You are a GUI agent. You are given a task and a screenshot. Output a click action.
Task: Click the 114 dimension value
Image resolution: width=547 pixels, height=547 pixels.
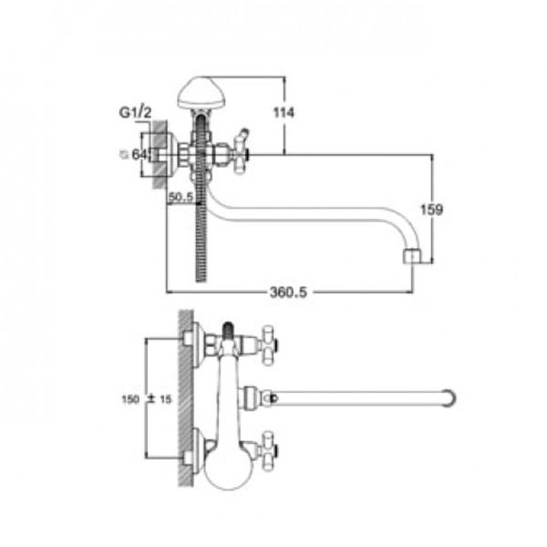tap(284, 113)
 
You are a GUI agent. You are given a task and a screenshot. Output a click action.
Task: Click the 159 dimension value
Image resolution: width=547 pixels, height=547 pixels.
tap(431, 210)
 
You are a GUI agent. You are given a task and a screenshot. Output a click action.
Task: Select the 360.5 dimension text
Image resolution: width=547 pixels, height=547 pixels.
tap(288, 292)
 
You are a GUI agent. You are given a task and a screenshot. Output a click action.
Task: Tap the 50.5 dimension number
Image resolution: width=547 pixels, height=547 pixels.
tap(181, 197)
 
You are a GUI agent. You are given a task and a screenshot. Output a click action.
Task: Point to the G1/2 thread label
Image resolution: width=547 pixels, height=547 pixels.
tap(135, 112)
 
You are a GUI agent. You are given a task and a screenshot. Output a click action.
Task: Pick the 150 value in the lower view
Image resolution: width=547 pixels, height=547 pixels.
tap(130, 399)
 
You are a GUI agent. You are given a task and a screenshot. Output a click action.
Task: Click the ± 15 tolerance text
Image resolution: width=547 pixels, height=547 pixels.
tap(160, 399)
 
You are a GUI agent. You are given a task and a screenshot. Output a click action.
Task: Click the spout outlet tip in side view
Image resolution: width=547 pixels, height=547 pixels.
tap(413, 255)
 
